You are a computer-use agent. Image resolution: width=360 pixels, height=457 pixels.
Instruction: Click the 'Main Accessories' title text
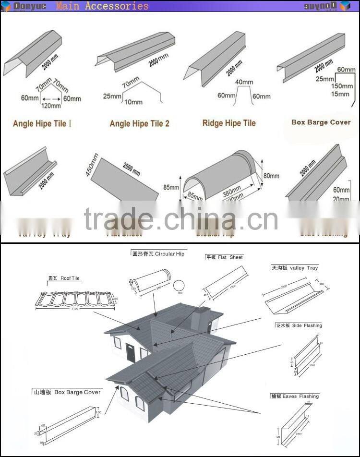pyautogui.click(x=102, y=6)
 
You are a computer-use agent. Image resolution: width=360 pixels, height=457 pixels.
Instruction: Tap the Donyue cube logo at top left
pyautogui.click(x=6, y=6)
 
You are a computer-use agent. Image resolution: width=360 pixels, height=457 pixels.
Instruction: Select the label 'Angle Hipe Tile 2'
pyautogui.click(x=139, y=123)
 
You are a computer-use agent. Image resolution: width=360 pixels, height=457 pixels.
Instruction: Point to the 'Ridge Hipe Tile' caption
pyautogui.click(x=229, y=123)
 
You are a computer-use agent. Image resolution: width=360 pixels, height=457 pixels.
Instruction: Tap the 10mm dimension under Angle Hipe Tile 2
pyautogui.click(x=133, y=102)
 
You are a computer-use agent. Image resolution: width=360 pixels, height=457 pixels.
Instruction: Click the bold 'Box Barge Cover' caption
pyautogui.click(x=321, y=122)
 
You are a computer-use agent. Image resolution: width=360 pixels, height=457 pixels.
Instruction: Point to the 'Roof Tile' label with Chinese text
pyautogui.click(x=64, y=278)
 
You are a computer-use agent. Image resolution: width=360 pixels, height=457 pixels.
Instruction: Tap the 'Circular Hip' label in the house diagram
pyautogui.click(x=158, y=253)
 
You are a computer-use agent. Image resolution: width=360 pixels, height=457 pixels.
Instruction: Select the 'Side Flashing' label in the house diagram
pyautogui.click(x=299, y=325)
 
